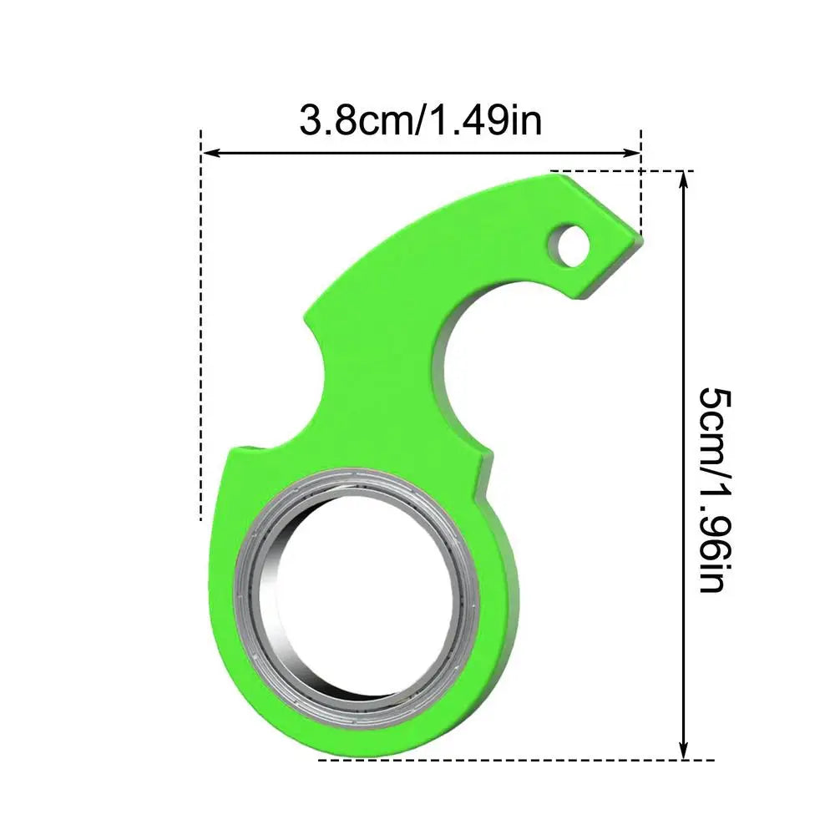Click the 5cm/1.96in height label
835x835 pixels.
[712, 489]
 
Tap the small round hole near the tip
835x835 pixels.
[571, 244]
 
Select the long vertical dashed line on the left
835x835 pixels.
[201, 334]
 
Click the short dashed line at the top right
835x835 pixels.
[618, 170]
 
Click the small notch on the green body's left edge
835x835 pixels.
[250, 449]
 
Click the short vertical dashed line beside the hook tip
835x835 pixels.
[641, 184]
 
